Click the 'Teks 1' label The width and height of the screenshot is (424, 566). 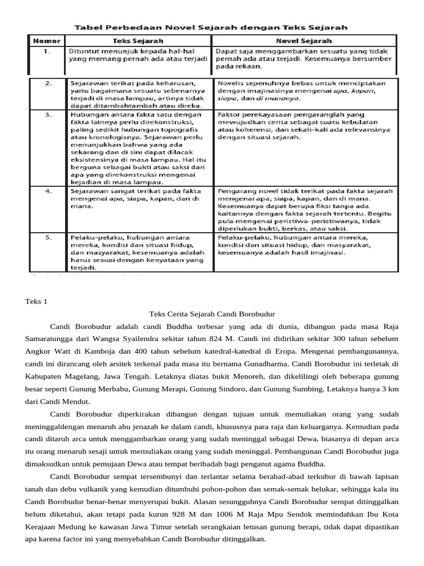click(37, 302)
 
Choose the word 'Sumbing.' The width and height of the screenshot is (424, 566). click(303, 390)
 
